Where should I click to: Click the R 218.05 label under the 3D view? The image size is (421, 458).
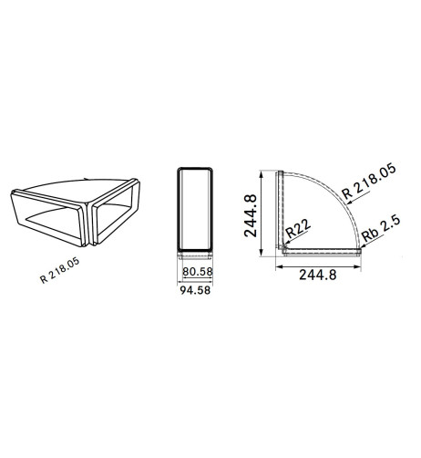point(60,270)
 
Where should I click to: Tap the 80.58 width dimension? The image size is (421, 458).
point(198,272)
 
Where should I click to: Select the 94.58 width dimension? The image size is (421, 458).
point(195,290)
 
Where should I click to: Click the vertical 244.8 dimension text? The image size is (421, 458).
point(251,216)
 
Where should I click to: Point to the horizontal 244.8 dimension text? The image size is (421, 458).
point(318,275)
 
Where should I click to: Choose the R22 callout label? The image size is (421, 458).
point(298,228)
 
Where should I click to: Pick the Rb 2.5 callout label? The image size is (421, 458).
point(382,228)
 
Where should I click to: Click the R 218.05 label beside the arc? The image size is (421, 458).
point(369,181)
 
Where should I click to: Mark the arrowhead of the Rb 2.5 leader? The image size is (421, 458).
point(361,247)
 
